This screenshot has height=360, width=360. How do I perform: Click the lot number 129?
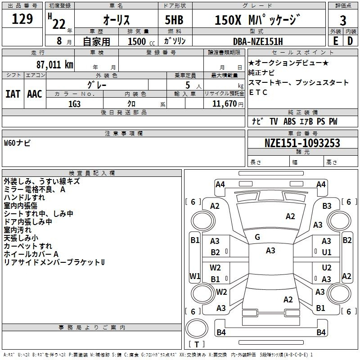22,19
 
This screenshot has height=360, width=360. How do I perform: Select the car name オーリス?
117,20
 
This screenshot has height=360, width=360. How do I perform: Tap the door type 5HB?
174,20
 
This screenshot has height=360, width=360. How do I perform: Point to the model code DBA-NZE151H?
258,41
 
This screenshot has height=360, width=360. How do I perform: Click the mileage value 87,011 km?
55,65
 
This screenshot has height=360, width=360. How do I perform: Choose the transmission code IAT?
13,94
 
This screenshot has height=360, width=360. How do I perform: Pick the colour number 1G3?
74,104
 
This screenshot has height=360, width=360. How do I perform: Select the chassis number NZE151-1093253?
302,143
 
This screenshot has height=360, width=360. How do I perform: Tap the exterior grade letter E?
335,41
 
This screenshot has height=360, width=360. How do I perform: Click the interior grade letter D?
350,41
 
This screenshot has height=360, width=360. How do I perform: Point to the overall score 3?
343,21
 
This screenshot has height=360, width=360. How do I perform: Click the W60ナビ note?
17,143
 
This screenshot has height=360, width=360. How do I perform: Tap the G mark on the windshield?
257,237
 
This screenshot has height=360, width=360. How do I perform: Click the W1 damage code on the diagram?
195,276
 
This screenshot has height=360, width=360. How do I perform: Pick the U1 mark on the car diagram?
327,252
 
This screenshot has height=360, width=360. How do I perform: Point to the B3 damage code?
327,206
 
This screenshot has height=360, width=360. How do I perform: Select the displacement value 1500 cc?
141,41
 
